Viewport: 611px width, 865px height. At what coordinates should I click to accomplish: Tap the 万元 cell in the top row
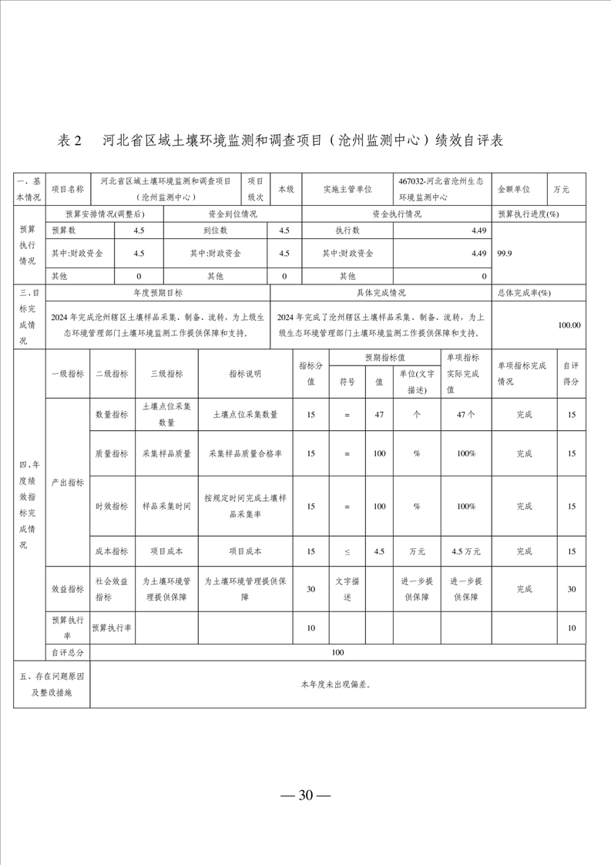[561, 189]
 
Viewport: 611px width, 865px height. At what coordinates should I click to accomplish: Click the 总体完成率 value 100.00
[569, 325]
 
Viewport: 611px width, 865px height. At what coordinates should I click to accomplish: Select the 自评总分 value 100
[337, 652]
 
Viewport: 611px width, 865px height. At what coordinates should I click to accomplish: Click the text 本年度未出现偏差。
[337, 684]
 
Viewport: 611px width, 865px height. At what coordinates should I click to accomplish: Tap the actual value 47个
[465, 415]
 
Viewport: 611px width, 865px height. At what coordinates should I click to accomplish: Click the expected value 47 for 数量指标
[378, 415]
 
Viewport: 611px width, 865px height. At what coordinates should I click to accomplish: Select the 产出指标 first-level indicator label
[67, 482]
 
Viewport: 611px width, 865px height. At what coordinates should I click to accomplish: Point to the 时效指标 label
[112, 507]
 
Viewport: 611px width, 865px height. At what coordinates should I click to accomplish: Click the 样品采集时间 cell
[166, 507]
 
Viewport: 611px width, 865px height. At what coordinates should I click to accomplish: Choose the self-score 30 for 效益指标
[571, 589]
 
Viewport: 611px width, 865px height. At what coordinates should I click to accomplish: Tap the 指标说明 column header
[244, 373]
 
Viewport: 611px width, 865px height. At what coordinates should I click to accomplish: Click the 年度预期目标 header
[158, 293]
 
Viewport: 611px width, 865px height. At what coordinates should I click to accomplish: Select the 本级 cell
[285, 189]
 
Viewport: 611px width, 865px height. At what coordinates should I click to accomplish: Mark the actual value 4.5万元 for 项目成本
[465, 551]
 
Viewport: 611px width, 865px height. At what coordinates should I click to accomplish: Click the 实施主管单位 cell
[347, 189]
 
